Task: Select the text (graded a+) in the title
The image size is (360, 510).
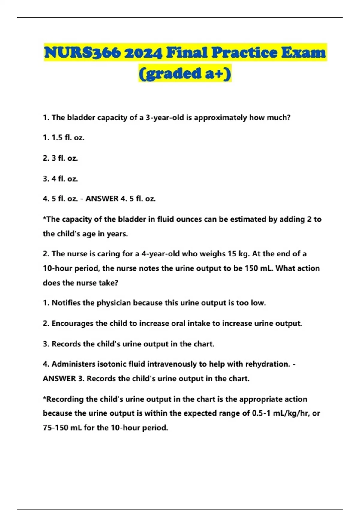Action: tap(185, 73)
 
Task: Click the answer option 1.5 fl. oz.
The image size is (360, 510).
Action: tap(68, 138)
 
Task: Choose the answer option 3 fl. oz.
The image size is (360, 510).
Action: tap(65, 158)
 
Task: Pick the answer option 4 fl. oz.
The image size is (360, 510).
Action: tap(65, 178)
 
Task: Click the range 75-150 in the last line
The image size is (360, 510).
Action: tap(55, 427)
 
